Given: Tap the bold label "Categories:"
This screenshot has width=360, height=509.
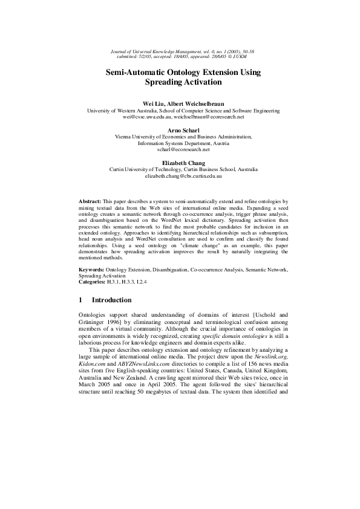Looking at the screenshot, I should [94, 281].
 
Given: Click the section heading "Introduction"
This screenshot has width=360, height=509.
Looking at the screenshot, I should [111, 300].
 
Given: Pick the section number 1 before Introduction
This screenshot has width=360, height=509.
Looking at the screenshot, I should [82, 300].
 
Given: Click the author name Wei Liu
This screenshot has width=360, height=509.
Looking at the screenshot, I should [154, 104].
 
